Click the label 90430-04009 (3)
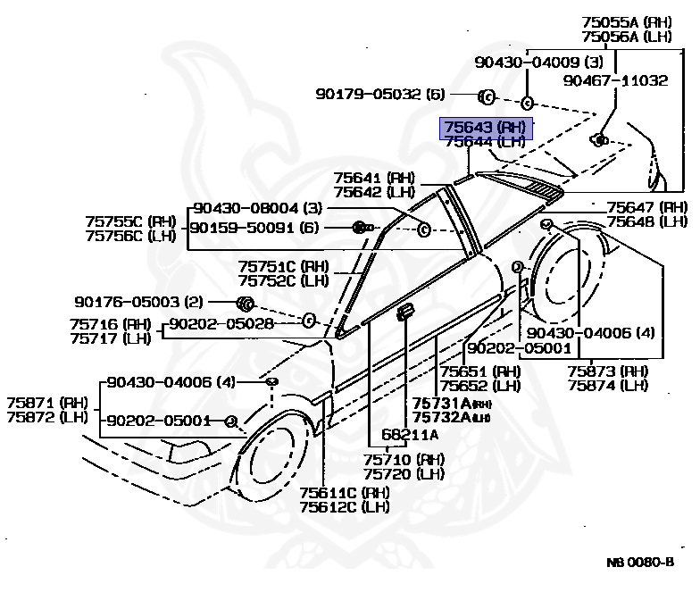pyautogui.click(x=538, y=63)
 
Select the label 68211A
pyautogui.click(x=410, y=435)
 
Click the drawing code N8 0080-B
pyautogui.click(x=640, y=563)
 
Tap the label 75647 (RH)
pyautogui.click(x=646, y=207)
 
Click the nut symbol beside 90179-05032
pyautogui.click(x=487, y=96)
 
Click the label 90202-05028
pyautogui.click(x=221, y=324)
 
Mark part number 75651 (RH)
pyautogui.click(x=479, y=371)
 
